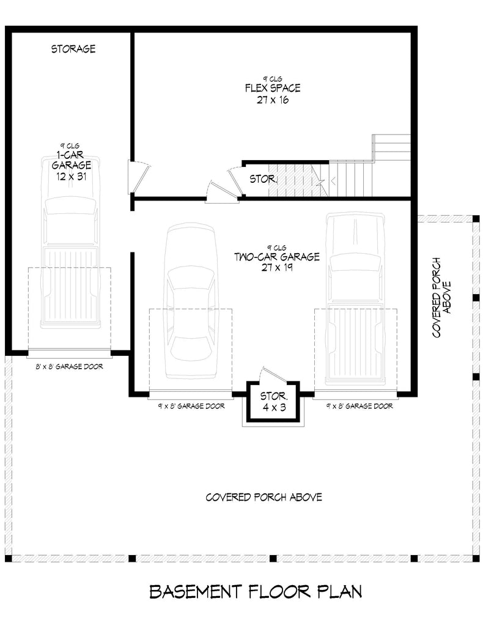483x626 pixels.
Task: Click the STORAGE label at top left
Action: [x=73, y=49]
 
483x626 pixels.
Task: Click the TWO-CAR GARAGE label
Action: [x=276, y=257]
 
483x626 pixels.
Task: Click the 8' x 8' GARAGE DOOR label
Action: [x=68, y=367]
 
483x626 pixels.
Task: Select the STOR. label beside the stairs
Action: [x=264, y=180]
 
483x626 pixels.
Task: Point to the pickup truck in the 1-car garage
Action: [x=70, y=245]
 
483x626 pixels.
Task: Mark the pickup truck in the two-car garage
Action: [x=355, y=300]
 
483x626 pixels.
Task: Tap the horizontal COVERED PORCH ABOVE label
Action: [x=264, y=497]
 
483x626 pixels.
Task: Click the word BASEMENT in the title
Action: [x=195, y=592]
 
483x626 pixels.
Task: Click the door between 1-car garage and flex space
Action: [x=136, y=176]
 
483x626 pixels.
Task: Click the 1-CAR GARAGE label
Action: [x=71, y=160]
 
